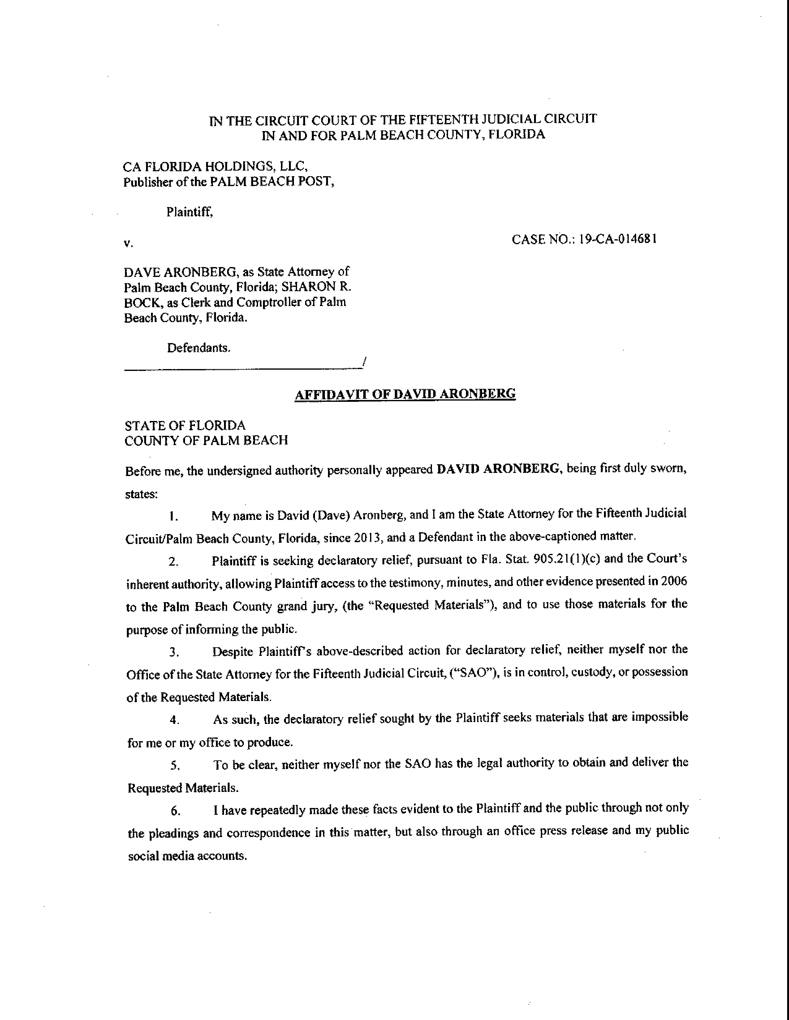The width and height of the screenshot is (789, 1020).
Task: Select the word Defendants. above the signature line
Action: pyautogui.click(x=199, y=348)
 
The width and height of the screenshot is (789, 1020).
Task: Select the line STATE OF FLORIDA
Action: pyautogui.click(x=185, y=426)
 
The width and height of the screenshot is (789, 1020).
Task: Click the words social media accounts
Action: pyautogui.click(x=187, y=856)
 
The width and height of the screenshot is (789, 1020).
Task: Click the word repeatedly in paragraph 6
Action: pyautogui.click(x=277, y=810)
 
